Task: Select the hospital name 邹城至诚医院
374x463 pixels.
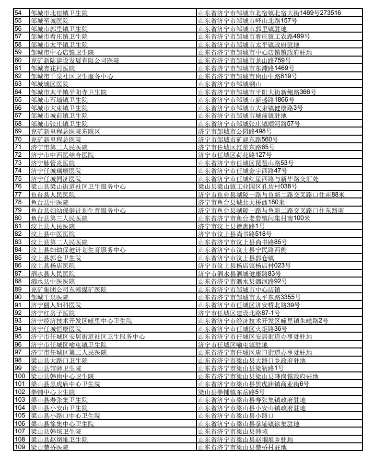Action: click(53, 21)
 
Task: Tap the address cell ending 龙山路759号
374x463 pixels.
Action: click(245, 60)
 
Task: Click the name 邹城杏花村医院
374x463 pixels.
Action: click(53, 68)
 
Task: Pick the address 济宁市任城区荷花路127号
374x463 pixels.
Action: click(235, 155)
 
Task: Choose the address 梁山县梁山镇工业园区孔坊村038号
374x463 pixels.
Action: click(245, 186)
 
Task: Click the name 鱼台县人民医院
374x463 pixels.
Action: click(53, 194)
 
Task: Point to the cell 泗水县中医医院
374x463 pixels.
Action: click(53, 281)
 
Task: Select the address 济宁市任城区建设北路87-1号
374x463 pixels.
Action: click(239, 313)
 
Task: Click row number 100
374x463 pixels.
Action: click(20, 376)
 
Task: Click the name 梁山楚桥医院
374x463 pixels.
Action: click(50, 447)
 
